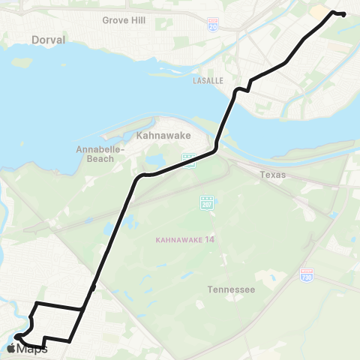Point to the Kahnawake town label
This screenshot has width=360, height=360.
[x=163, y=136]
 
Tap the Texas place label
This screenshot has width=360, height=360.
[x=273, y=175]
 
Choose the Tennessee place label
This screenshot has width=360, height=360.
[x=232, y=289]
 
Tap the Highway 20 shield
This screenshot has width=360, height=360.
[x=213, y=25]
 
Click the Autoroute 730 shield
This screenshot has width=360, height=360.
[x=306, y=275]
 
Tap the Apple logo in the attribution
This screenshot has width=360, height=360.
[x=10, y=348]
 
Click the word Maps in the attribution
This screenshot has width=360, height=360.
[x=32, y=349]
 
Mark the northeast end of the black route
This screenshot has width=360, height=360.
[x=343, y=14]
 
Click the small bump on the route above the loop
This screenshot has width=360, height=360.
[x=93, y=287]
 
